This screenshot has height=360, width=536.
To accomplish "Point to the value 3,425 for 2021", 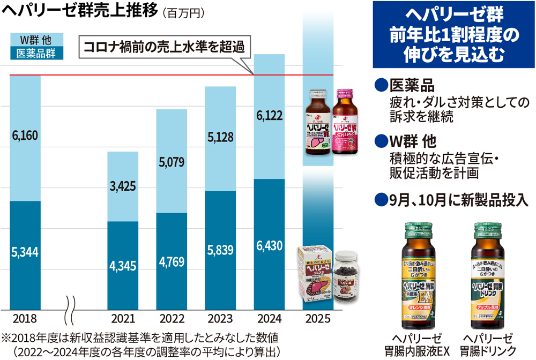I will pyautogui.click(x=123, y=186).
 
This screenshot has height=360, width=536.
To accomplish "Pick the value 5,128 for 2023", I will pyautogui.click(x=220, y=138).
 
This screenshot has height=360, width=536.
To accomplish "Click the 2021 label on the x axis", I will pyautogui.click(x=123, y=318).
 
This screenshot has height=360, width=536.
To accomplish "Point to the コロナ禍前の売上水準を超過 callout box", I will pyautogui.click(x=166, y=47).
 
